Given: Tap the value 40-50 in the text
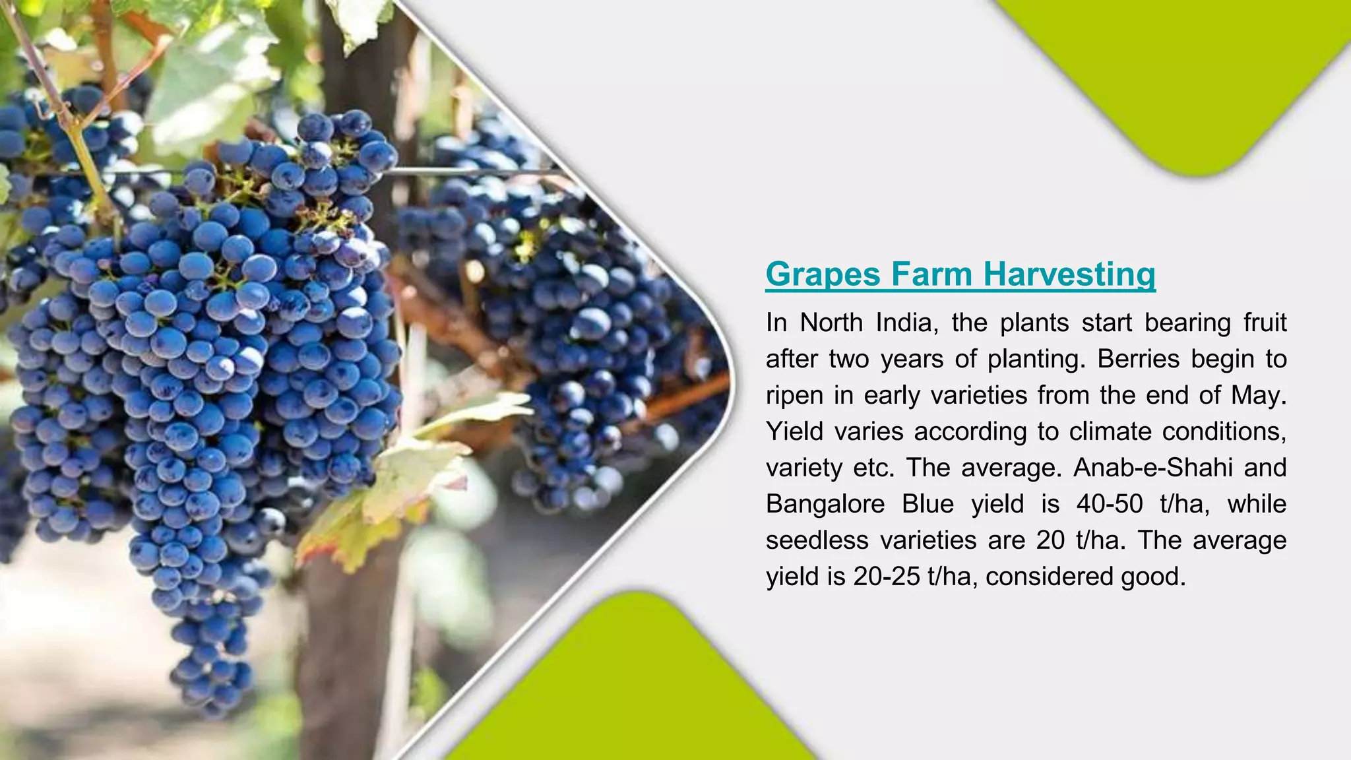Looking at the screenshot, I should coord(1110,504).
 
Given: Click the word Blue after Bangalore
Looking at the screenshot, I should coord(927,504).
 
